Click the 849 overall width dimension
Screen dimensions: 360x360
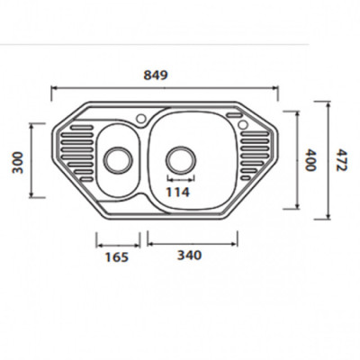pos(155,75)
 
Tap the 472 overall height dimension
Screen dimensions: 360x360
pos(341,160)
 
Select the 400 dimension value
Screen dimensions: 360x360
pos(310,160)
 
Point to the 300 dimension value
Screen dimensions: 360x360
pos(18,163)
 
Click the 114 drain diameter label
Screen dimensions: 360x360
pos(178,193)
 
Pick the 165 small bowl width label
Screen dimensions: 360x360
pos(117,257)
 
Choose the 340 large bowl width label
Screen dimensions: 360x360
pos(190,256)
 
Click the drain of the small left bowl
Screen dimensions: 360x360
pos(118,160)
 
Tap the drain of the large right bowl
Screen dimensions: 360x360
pos(181,159)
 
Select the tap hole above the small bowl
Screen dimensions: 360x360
pos(140,118)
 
